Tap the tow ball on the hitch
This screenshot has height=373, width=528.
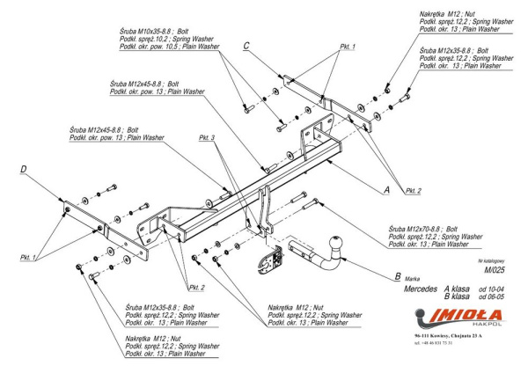coord(339,242)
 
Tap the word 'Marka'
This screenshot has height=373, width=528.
coord(420,279)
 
